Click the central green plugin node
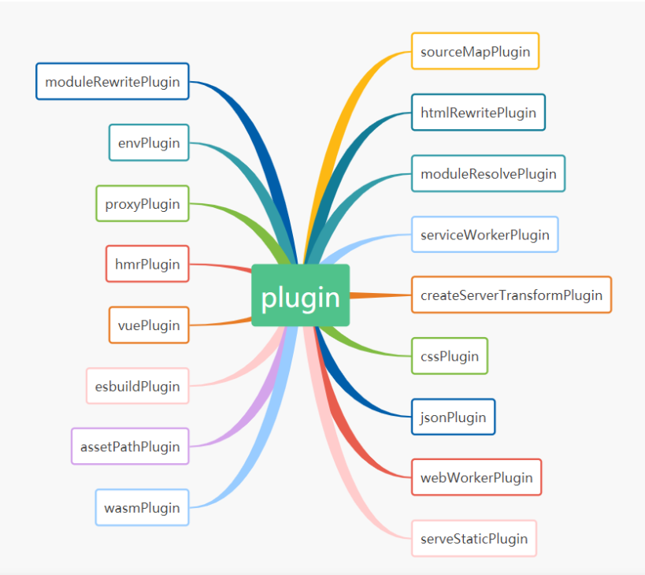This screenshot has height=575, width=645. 300,295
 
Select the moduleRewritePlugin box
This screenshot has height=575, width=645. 113,81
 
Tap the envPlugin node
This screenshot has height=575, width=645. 149,143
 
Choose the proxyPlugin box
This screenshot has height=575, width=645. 143,203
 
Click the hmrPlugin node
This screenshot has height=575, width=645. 148,264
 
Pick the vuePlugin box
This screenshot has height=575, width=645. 149,325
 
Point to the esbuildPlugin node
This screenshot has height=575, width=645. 138,386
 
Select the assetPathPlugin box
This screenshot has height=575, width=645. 130,447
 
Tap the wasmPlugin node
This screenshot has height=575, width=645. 143,507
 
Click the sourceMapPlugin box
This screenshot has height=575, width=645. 475,51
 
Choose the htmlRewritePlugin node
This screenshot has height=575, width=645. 478,112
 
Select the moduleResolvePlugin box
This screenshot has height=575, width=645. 488,173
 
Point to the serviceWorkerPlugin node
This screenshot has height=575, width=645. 485,234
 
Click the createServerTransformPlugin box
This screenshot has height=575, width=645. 511,295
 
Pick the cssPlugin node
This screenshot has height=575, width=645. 450,356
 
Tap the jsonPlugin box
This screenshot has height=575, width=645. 453,417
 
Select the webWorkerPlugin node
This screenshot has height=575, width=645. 476,477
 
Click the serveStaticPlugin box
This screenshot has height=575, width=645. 474,539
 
